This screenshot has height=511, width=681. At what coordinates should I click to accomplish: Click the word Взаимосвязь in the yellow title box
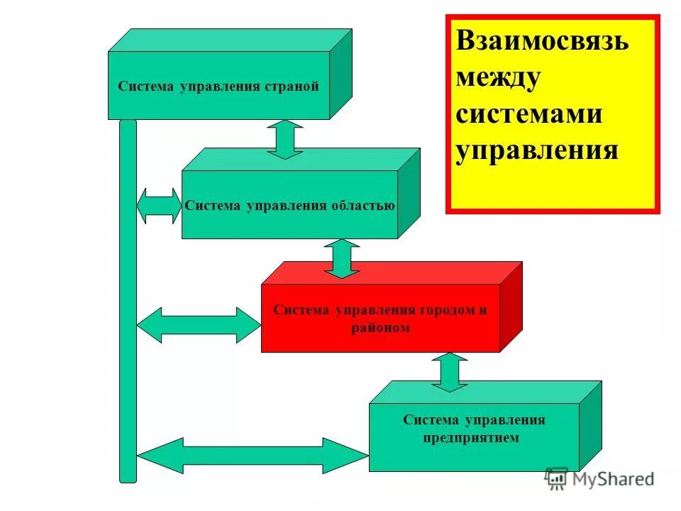[x=542, y=41]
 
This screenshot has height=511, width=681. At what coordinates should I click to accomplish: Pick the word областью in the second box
[x=362, y=206]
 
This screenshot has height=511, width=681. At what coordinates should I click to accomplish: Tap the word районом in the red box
[x=380, y=329]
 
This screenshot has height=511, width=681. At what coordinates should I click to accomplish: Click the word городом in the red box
[x=438, y=311]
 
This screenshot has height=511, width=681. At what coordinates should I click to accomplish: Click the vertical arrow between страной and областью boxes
[x=285, y=139]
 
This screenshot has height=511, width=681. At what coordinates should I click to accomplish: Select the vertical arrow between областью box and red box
[x=343, y=258]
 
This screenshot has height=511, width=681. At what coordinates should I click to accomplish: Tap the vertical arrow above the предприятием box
[x=450, y=372]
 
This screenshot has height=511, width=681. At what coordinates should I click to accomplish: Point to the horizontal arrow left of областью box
[x=159, y=206]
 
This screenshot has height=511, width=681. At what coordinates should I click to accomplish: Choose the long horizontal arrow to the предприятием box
[x=252, y=455]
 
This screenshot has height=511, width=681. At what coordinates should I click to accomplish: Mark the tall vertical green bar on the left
[x=128, y=298]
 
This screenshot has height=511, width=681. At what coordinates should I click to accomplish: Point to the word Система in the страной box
[x=146, y=87]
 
